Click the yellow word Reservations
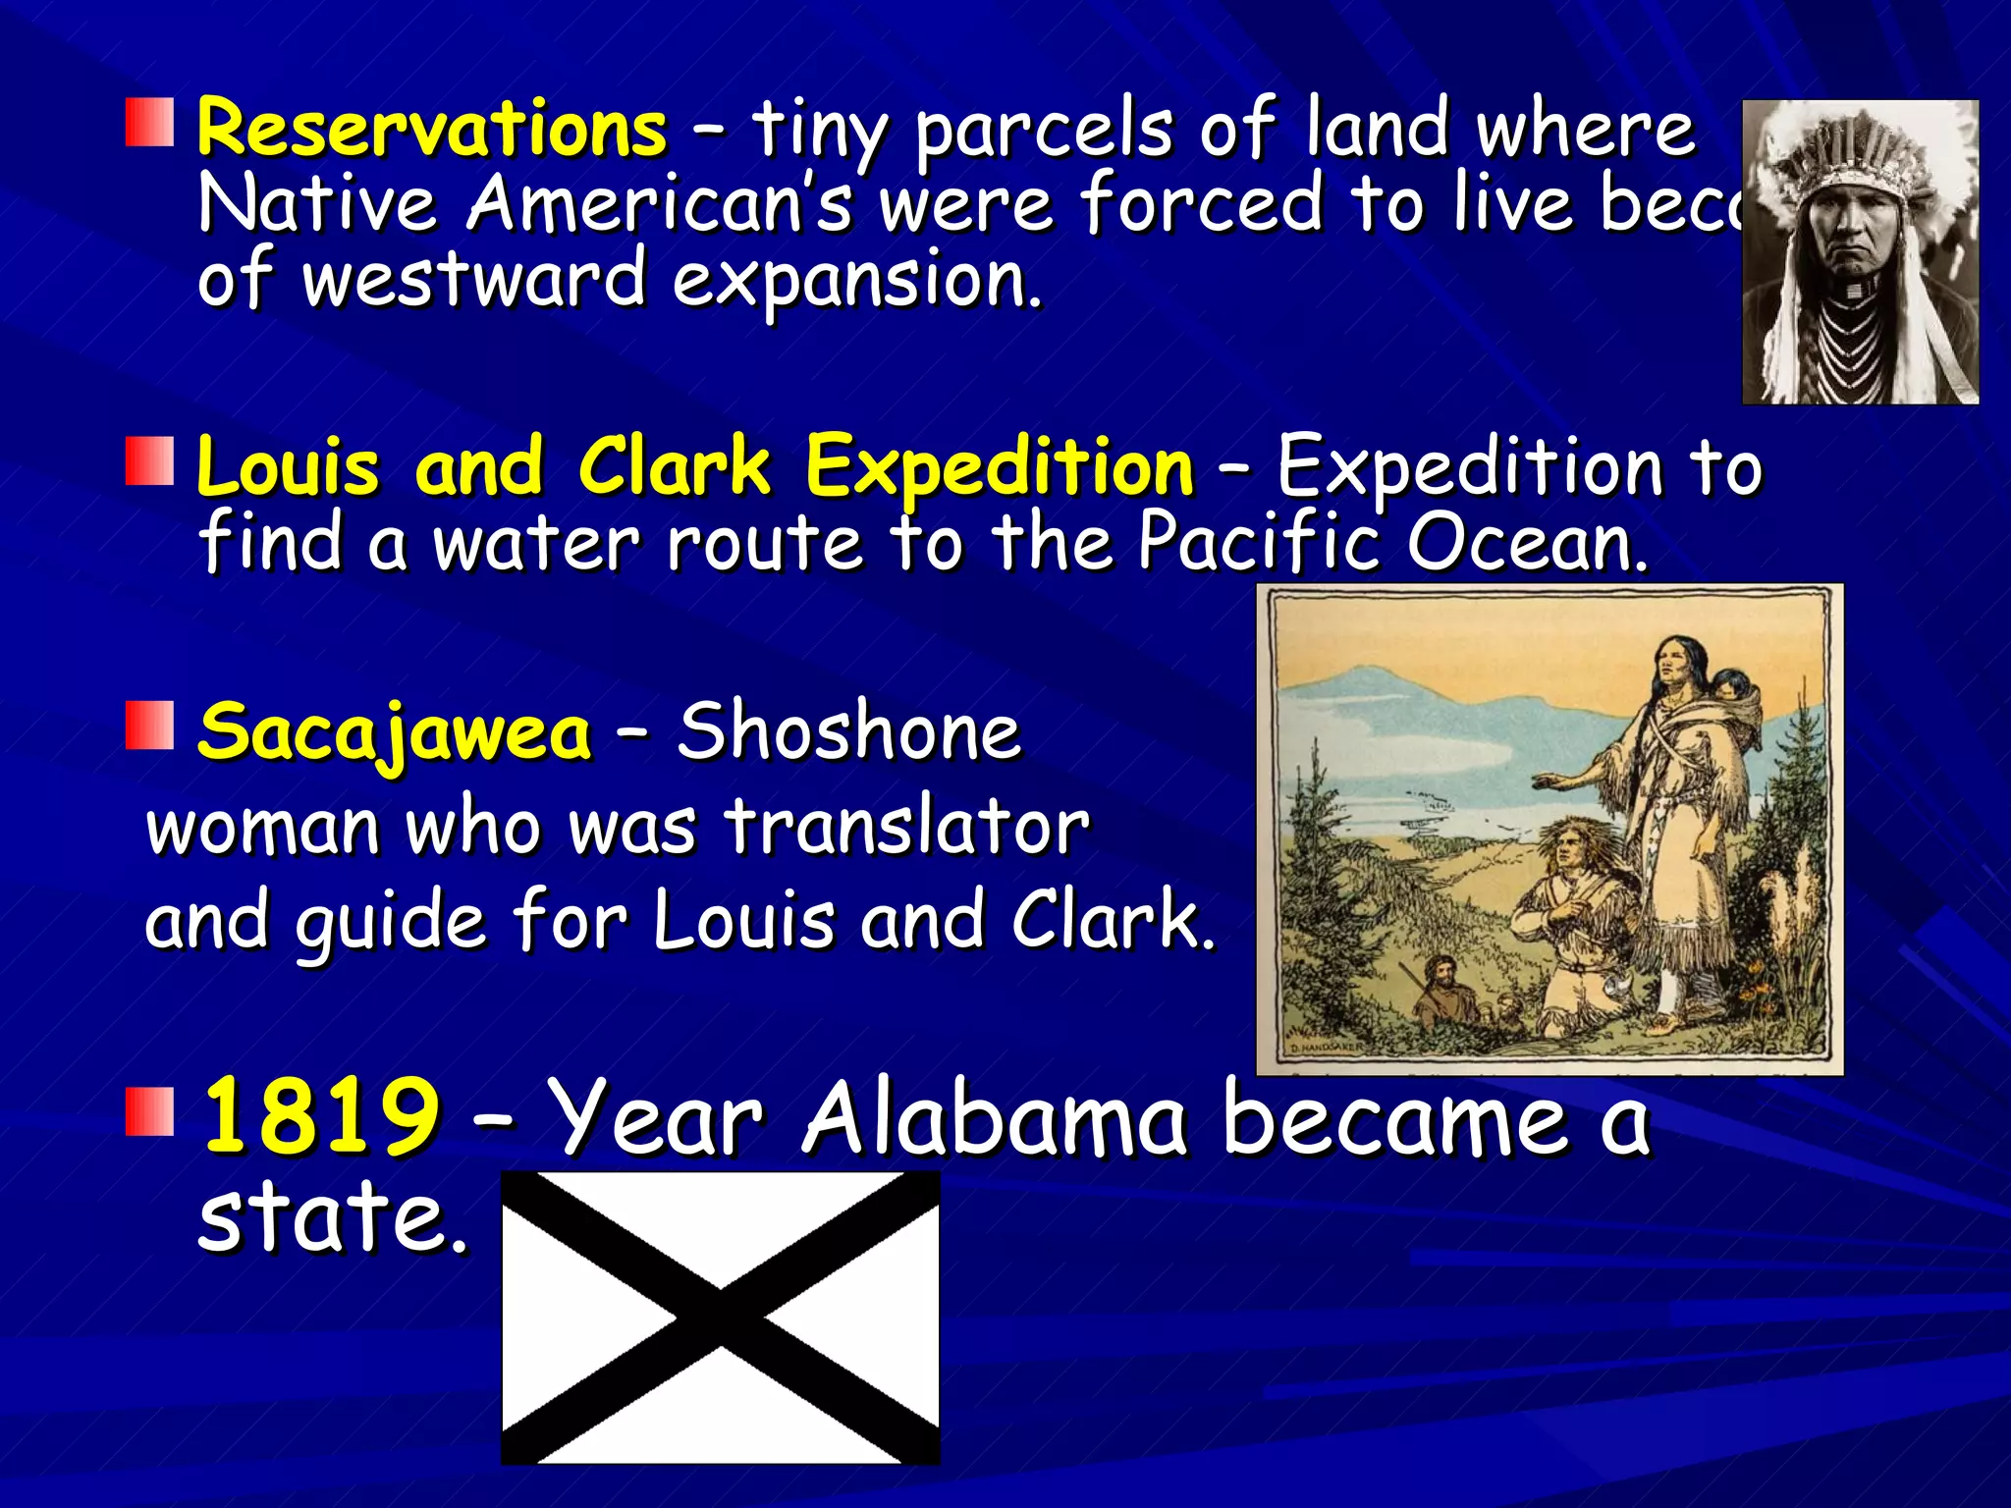(x=432, y=130)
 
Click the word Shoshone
(x=849, y=732)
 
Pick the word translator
(x=907, y=827)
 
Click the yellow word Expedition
(x=999, y=467)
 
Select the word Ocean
(x=1527, y=542)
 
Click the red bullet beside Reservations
(x=149, y=123)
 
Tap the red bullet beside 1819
(x=149, y=1110)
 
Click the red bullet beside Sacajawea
(x=149, y=726)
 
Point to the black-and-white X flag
(x=720, y=1317)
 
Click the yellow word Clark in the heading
(x=674, y=467)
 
